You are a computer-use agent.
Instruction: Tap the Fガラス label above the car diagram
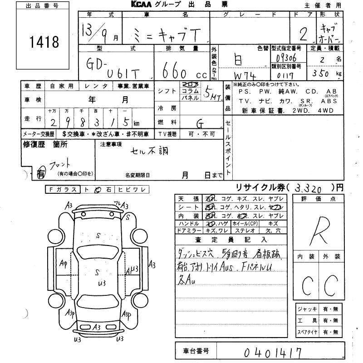coord(63,190)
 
